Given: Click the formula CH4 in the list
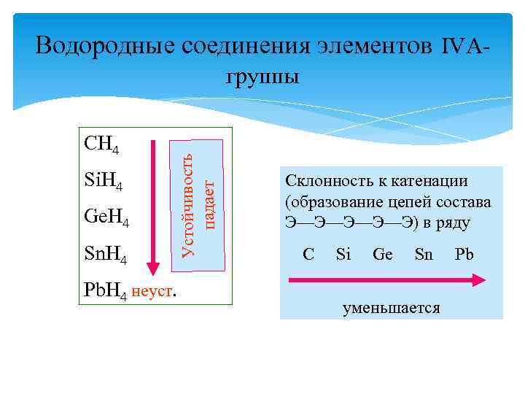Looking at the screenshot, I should pyautogui.click(x=102, y=145).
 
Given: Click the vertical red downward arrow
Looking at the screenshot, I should pyautogui.click(x=153, y=205).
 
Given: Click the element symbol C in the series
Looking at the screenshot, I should pyautogui.click(x=308, y=255).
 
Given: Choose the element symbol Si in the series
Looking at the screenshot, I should pyautogui.click(x=343, y=255).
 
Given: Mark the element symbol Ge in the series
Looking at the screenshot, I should pyautogui.click(x=383, y=255).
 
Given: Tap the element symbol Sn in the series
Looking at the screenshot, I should pyautogui.click(x=424, y=255).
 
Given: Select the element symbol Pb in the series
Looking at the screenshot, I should pyautogui.click(x=464, y=255).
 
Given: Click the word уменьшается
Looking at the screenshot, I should pyautogui.click(x=392, y=308).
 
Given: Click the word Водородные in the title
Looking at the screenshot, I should pyautogui.click(x=104, y=46).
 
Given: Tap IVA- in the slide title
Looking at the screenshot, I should pyautogui.click(x=464, y=46).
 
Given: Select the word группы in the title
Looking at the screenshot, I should pyautogui.click(x=262, y=77).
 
